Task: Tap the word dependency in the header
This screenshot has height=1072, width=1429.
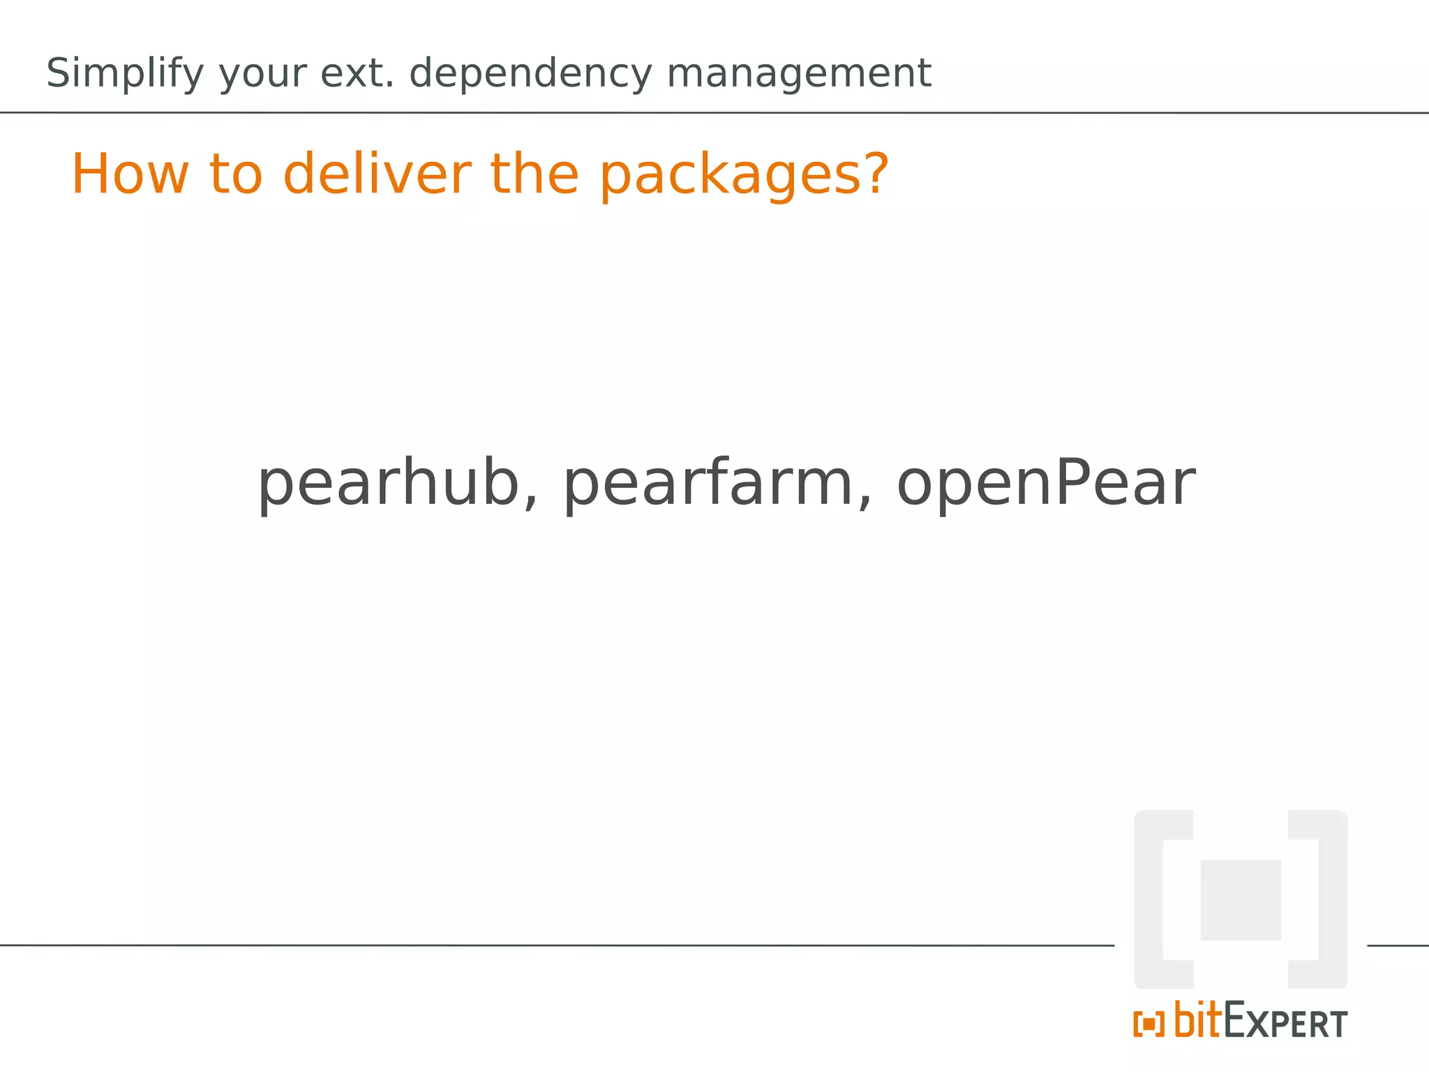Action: click(x=530, y=73)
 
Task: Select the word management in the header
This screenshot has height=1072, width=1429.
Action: click(x=798, y=73)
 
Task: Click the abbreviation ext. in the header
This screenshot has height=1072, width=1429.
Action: click(x=357, y=73)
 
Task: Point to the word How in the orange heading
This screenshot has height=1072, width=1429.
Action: click(x=130, y=174)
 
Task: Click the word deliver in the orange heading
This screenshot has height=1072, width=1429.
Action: click(x=377, y=174)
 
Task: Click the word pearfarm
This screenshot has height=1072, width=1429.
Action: click(x=708, y=484)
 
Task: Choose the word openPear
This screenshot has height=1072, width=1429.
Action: click(x=1045, y=484)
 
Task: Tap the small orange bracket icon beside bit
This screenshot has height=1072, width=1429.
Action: click(x=1149, y=1024)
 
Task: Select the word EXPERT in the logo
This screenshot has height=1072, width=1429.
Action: click(x=1285, y=1022)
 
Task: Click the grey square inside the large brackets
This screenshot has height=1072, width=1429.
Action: click(x=1240, y=900)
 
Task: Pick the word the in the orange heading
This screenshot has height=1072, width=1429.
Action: click(x=534, y=174)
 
